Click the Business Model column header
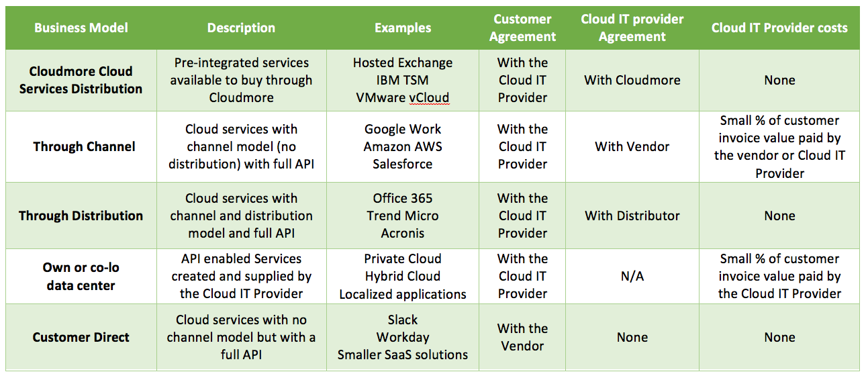click(81, 28)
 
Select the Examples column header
click(403, 28)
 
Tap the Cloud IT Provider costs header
click(779, 28)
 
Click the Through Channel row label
click(84, 146)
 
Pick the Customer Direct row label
click(81, 337)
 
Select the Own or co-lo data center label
click(81, 277)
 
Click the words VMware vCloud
click(403, 98)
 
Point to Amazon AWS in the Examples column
click(403, 146)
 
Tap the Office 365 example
click(403, 199)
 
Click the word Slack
click(403, 320)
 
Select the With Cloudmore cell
click(632, 81)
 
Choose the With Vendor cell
click(632, 146)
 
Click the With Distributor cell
click(632, 216)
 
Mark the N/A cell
click(632, 277)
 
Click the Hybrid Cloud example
click(403, 277)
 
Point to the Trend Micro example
click(403, 216)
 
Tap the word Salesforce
click(403, 164)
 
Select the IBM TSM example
click(403, 81)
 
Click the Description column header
click(241, 28)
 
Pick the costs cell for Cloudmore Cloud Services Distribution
click(779, 81)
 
